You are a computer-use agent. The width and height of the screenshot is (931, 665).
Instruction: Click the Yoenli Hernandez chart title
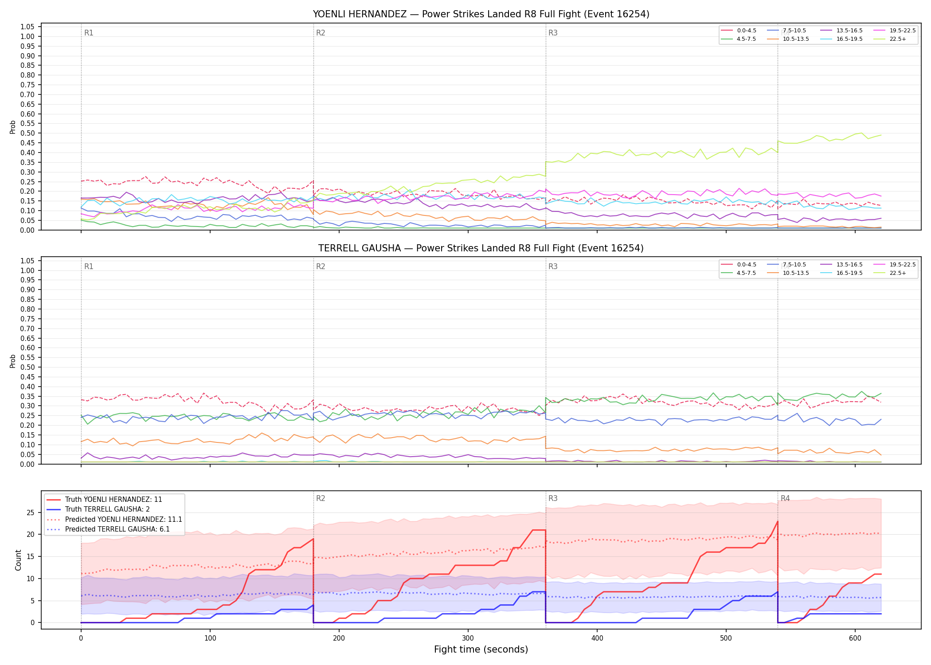tap(481, 14)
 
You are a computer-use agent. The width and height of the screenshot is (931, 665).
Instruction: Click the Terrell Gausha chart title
tap(481, 248)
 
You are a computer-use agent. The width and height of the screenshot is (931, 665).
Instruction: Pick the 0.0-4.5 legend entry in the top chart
tap(739, 31)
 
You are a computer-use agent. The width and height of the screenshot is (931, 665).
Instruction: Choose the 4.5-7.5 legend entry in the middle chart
tap(739, 273)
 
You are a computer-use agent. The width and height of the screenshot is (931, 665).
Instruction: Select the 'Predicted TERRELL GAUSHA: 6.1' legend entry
tap(114, 529)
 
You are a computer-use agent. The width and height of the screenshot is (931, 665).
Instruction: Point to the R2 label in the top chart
tap(321, 33)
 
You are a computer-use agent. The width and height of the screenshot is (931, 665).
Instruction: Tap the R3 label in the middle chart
tap(553, 266)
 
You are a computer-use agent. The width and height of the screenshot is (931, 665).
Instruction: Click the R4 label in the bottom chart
tap(785, 498)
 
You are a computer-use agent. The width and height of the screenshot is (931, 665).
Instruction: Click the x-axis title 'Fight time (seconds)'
tap(481, 649)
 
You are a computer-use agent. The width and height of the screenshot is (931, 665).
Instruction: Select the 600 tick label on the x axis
tap(855, 638)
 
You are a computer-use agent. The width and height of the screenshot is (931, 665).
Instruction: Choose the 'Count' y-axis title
tap(18, 560)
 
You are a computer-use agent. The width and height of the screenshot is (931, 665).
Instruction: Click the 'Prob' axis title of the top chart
tap(13, 127)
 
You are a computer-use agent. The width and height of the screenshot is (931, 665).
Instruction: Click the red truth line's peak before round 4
tap(778, 521)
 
